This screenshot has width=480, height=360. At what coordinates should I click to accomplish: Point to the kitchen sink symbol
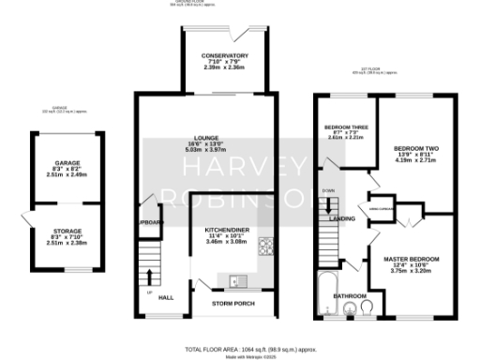tap(234, 278)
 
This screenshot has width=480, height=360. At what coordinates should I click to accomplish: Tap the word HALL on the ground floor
tap(166, 297)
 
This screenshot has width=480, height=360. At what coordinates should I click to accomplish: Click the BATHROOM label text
tap(351, 295)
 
